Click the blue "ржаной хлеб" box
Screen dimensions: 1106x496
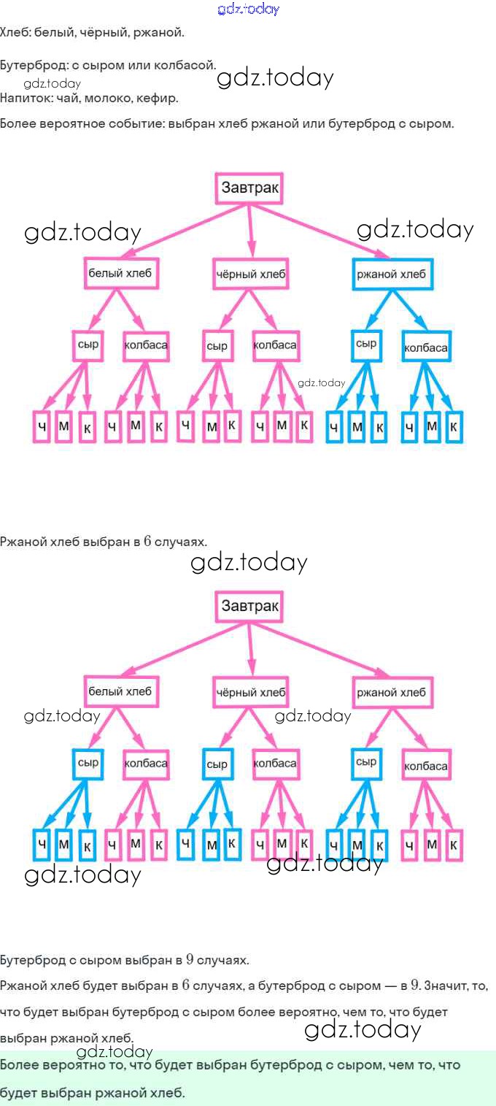(x=392, y=274)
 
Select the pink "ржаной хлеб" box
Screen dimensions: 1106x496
(x=392, y=692)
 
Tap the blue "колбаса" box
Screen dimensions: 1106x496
(x=425, y=347)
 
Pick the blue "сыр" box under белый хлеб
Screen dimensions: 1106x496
(x=88, y=763)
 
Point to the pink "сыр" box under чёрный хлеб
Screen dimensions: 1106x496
(x=217, y=346)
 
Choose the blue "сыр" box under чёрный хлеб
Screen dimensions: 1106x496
(x=217, y=764)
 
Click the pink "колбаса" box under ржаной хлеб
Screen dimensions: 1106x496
(x=425, y=766)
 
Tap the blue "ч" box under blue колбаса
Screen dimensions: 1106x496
(x=409, y=427)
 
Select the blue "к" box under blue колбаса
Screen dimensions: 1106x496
(x=454, y=427)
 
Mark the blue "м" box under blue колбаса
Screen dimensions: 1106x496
(x=432, y=426)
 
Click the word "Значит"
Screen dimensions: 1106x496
(x=448, y=986)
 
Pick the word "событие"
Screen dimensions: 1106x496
(x=136, y=123)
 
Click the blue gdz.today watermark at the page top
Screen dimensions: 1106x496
(x=248, y=9)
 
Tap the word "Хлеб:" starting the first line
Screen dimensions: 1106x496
(x=14, y=33)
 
